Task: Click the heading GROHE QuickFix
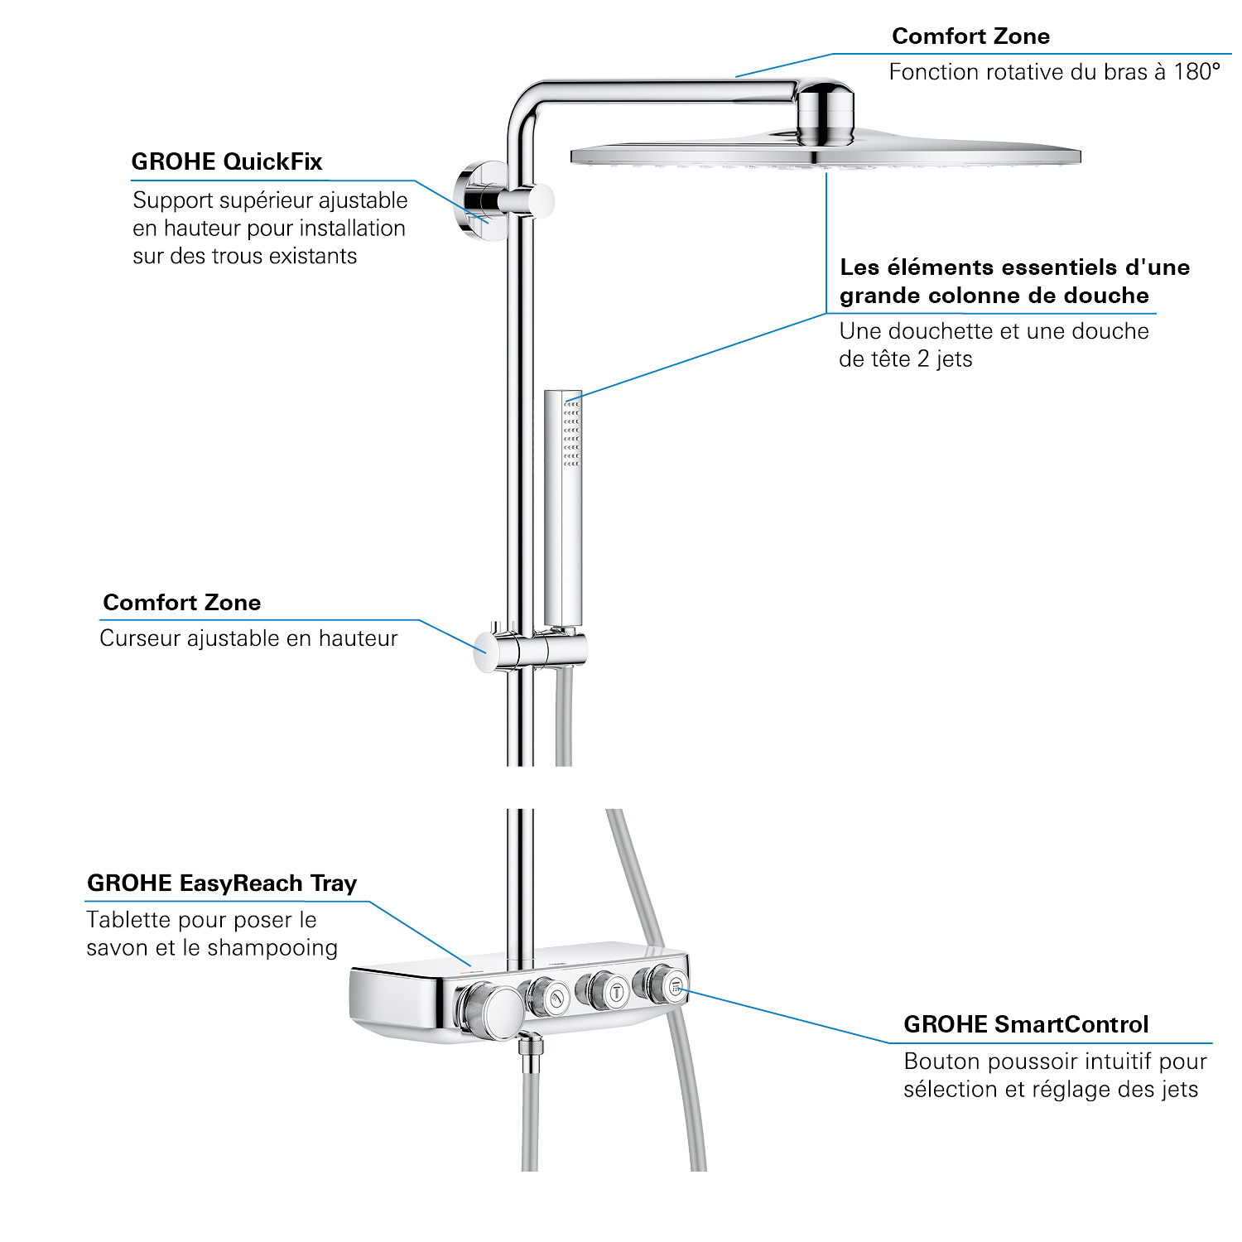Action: click(226, 161)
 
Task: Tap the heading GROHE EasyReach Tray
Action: click(222, 883)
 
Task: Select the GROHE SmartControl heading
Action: click(1026, 1025)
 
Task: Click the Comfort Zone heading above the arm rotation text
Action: click(970, 36)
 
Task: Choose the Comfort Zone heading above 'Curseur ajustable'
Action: click(181, 603)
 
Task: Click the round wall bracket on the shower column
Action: click(483, 201)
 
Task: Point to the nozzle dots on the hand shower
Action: click(571, 433)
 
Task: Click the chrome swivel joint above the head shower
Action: click(825, 112)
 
